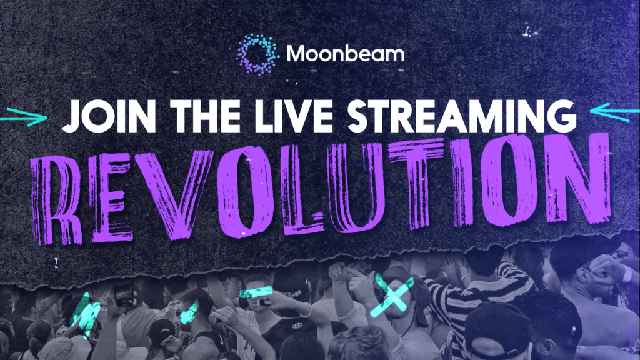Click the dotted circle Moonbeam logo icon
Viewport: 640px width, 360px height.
257,55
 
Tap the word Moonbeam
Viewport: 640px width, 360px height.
345,54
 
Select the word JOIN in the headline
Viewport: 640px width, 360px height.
109,116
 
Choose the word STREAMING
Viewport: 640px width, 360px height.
462,116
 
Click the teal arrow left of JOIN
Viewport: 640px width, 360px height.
24,117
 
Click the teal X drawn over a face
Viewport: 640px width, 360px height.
392,295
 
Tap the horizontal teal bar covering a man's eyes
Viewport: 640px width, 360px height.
256,292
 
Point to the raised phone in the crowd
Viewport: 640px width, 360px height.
124,295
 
